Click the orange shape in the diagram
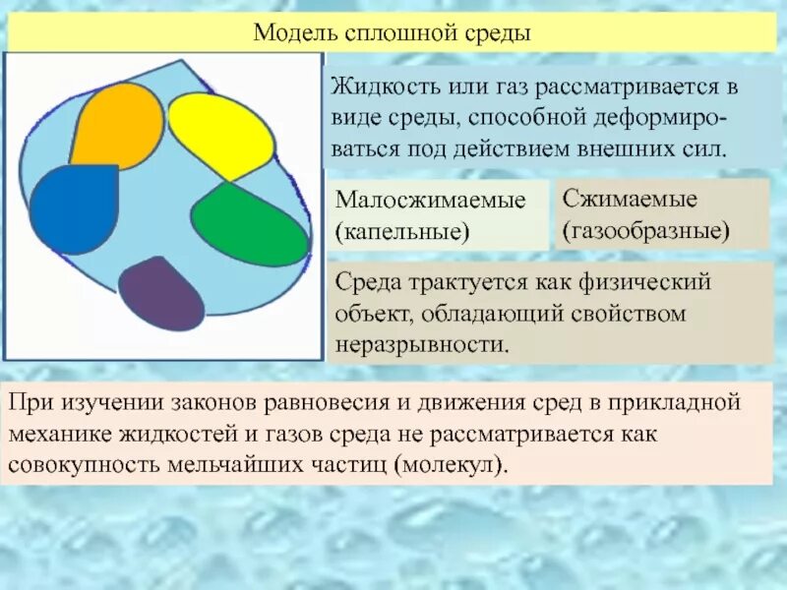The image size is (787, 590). tap(116, 125)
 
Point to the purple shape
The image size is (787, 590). tap(161, 292)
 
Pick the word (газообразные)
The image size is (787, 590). tap(645, 232)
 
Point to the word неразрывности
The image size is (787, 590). tap(423, 345)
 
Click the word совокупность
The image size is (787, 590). tap(79, 463)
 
